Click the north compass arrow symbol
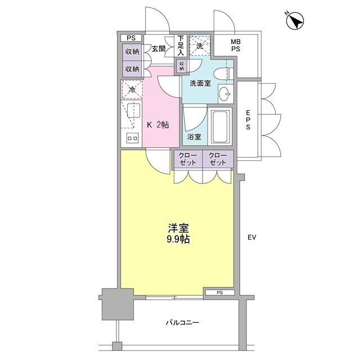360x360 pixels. pos(295,21)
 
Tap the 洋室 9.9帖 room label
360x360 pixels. pos(178,233)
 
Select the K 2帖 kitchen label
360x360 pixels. pos(158,125)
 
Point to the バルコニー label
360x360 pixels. pos(182,322)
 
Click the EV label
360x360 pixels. pos(251,237)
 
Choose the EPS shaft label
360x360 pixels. pos(248,120)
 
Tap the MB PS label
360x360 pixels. pos(236,45)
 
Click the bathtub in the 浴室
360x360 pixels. pos(220,126)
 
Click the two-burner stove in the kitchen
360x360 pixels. pos(133,138)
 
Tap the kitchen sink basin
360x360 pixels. pos(133,111)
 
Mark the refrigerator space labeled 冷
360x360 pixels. pos(132,89)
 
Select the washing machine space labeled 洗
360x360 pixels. pos(200,46)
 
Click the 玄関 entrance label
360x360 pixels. pos(159,49)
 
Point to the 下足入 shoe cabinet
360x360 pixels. pos(181,46)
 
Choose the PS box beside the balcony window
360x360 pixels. pos(220,292)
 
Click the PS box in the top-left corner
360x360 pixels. pos(131,38)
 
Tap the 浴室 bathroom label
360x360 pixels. pos(194,137)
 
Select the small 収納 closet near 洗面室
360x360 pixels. pos(182,66)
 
